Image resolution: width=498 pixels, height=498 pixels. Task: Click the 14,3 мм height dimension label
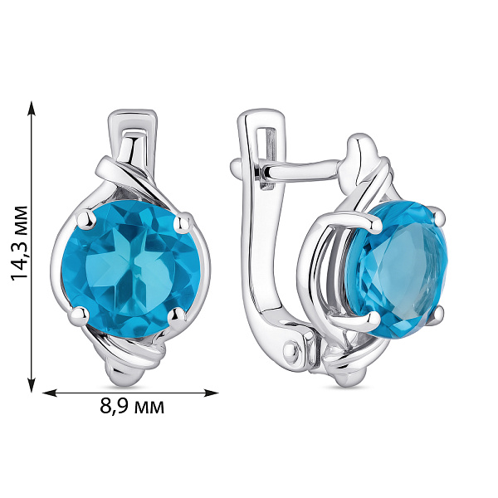point(20,243)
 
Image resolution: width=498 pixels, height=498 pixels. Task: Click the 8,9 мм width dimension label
point(132,406)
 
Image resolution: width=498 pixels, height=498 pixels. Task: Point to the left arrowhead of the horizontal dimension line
point(50,393)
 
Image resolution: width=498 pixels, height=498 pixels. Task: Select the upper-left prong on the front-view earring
point(87,219)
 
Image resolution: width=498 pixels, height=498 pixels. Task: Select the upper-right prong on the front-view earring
point(183,221)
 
